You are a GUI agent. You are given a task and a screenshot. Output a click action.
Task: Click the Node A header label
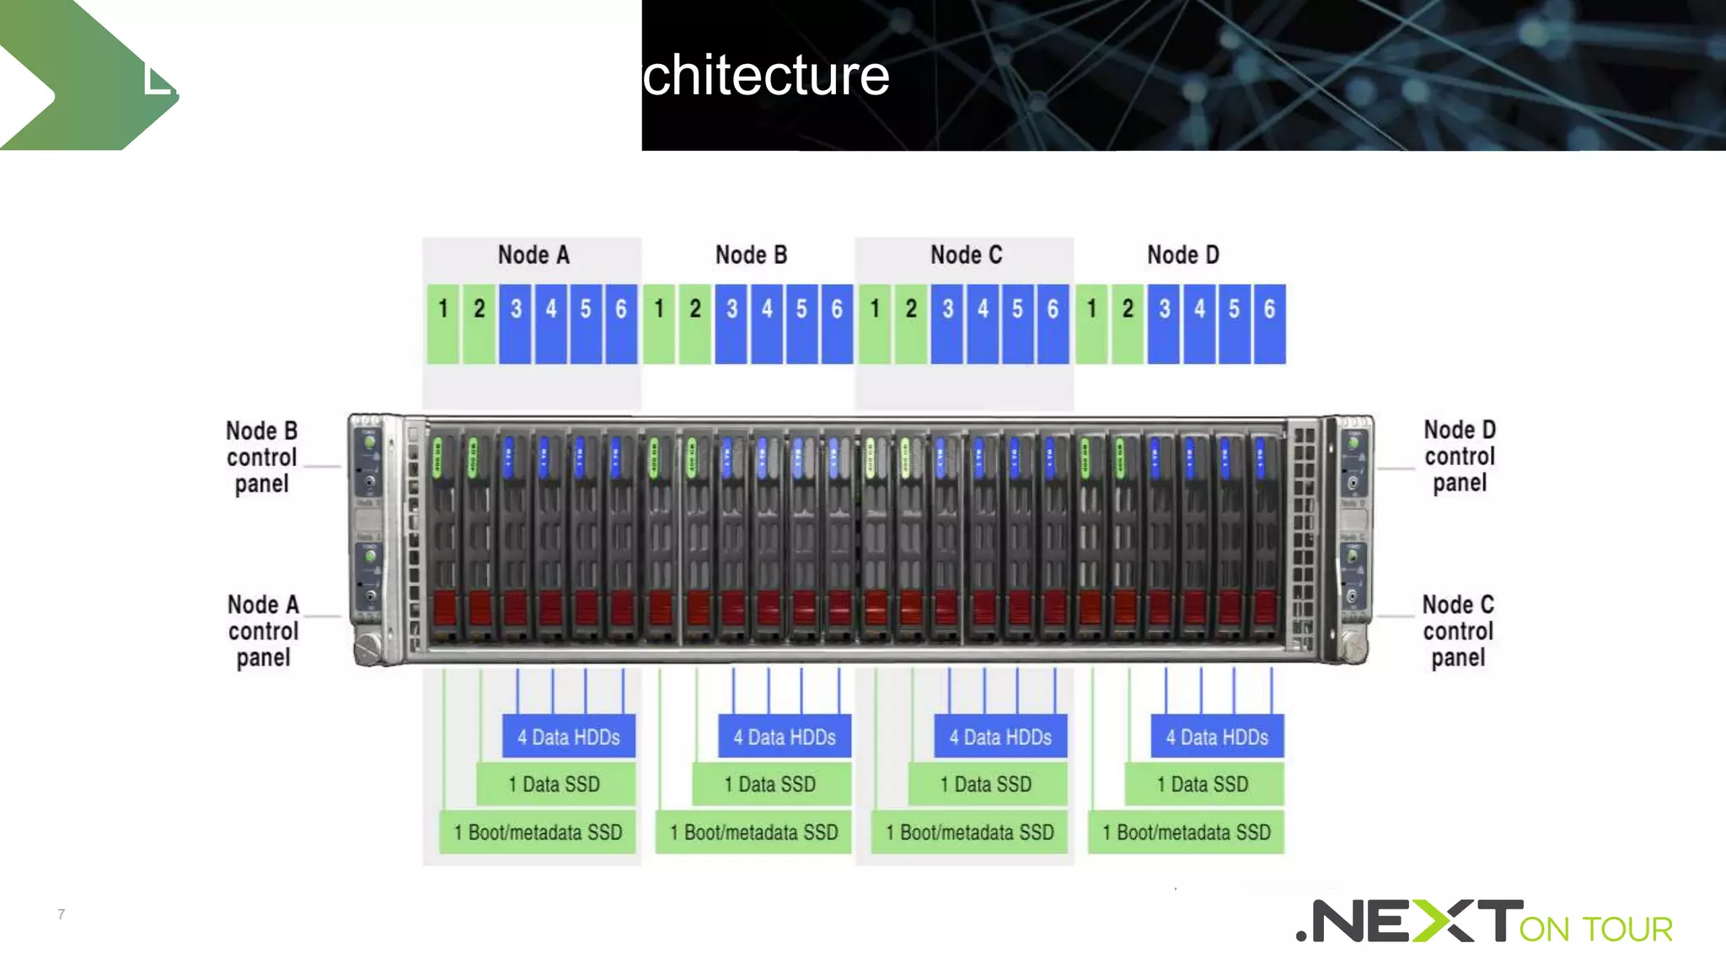click(533, 255)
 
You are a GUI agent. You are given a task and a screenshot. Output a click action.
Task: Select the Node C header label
click(966, 255)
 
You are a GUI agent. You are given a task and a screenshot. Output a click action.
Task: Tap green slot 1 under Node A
click(443, 324)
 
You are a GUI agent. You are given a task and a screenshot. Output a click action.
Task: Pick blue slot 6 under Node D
click(1269, 324)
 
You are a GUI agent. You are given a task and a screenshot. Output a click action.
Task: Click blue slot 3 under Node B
click(731, 324)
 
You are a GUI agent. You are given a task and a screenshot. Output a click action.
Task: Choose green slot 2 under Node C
click(911, 324)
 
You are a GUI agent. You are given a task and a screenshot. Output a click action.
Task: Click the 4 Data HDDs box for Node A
click(569, 737)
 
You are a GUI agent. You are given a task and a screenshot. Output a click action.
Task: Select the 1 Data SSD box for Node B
click(770, 784)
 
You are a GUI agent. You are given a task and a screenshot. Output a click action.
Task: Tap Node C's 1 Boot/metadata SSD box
click(970, 832)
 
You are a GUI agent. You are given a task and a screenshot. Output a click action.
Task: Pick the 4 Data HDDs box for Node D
click(1217, 737)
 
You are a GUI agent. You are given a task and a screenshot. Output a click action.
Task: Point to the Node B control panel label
click(262, 457)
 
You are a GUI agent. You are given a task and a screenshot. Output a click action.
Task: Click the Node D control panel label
click(1460, 456)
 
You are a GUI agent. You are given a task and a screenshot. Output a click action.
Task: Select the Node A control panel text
click(263, 630)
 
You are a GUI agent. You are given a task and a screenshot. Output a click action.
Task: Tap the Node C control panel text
click(1458, 630)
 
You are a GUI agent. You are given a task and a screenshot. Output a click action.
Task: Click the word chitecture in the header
click(765, 76)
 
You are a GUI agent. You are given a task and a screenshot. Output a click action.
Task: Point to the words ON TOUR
click(1595, 929)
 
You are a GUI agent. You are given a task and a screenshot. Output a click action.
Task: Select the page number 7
click(61, 914)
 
